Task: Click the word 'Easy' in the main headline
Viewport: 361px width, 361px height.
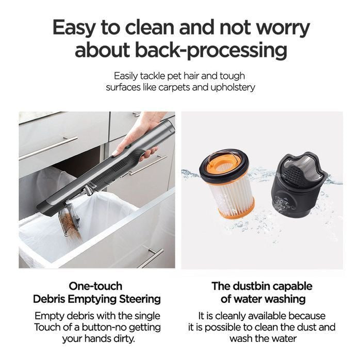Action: click(74, 28)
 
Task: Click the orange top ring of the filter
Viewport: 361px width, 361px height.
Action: click(224, 164)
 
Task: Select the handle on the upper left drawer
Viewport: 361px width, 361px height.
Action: click(48, 148)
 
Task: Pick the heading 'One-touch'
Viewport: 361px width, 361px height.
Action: click(95, 286)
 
